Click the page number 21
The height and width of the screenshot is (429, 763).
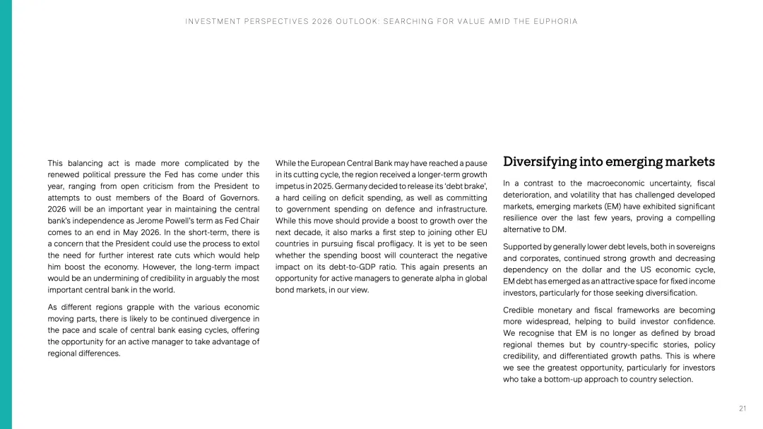[x=743, y=409]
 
